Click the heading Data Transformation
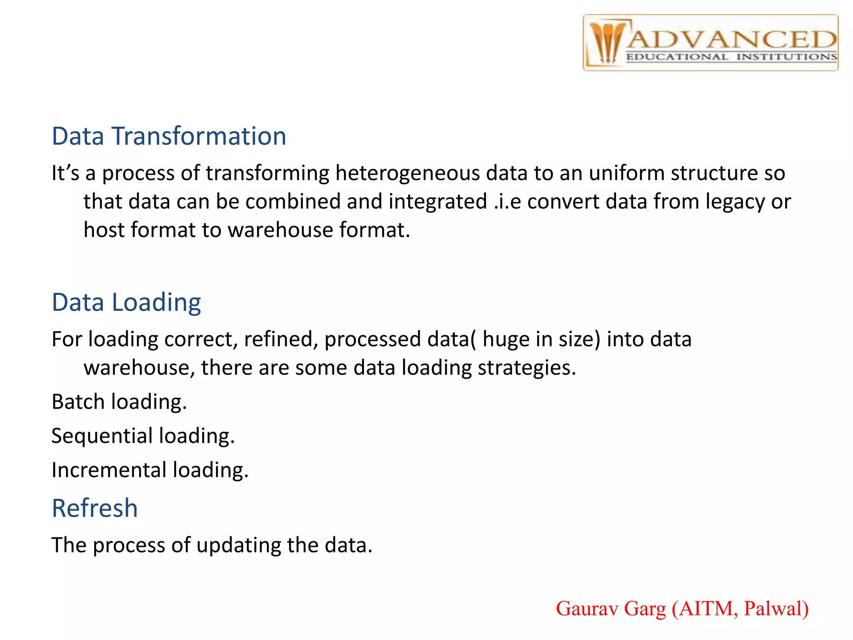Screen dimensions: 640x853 tap(169, 136)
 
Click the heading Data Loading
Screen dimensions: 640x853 tap(126, 302)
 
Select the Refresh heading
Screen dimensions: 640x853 tap(95, 508)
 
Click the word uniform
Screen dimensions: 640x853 tap(626, 173)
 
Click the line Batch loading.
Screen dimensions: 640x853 tap(119, 402)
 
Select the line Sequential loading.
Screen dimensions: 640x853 tap(143, 436)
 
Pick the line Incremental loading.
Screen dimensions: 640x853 tap(150, 470)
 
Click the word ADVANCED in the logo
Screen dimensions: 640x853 tap(731, 40)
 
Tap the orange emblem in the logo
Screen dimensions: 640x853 tap(606, 43)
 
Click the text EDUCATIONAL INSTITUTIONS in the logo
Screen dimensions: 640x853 tap(731, 57)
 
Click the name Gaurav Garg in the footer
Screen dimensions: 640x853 tap(611, 609)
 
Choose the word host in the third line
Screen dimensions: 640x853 tap(104, 230)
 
